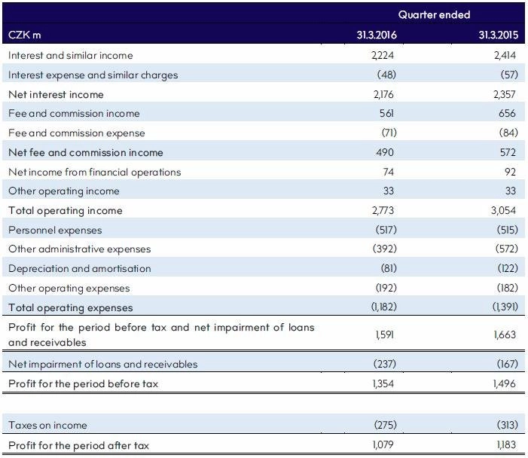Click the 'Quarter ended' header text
(434, 14)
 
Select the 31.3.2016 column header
(377, 35)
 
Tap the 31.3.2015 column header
(499, 35)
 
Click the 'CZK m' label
(25, 35)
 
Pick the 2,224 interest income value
(383, 55)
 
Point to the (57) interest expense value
(509, 75)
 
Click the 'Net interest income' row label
(56, 94)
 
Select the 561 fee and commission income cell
(386, 113)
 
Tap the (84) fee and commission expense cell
(508, 133)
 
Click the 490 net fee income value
(385, 152)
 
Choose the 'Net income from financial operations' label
(95, 172)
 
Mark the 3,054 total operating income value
(503, 210)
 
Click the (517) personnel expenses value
(386, 230)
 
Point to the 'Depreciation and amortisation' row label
(80, 268)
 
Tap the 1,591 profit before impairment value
(385, 334)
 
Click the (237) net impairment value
(385, 364)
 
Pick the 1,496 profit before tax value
(505, 383)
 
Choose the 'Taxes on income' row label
(47, 425)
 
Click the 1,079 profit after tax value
(383, 445)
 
